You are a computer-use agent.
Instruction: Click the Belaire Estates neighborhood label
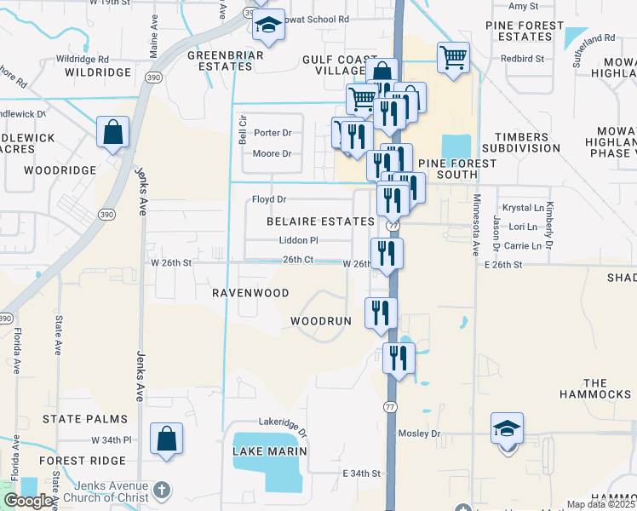pyautogui.click(x=319, y=221)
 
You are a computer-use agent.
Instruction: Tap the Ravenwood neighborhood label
pyautogui.click(x=250, y=292)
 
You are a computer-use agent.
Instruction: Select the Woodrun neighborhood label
pyautogui.click(x=321, y=321)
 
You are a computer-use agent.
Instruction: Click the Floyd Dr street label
pyautogui.click(x=268, y=199)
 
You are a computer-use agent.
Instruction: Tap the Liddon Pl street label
pyautogui.click(x=298, y=241)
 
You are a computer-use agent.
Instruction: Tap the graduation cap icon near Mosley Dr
pyautogui.click(x=507, y=428)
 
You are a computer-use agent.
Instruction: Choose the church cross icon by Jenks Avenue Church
pyautogui.click(x=163, y=491)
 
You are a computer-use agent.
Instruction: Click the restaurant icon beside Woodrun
pyautogui.click(x=381, y=313)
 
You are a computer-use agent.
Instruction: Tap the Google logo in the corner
pyautogui.click(x=29, y=501)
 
